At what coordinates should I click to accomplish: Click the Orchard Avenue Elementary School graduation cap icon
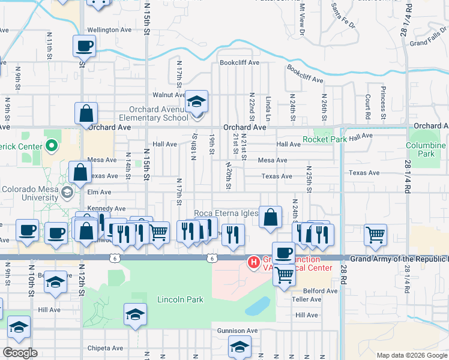pyautogui.click(x=196, y=101)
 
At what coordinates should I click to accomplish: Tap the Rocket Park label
pyautogui.click(x=325, y=139)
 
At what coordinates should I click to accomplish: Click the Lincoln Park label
pyautogui.click(x=180, y=299)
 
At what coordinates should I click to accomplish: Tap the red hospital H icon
pyautogui.click(x=254, y=262)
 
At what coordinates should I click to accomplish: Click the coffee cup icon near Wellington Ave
pyautogui.click(x=85, y=46)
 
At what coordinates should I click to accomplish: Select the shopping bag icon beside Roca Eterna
pyautogui.click(x=271, y=217)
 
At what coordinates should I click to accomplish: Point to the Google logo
pyautogui.click(x=20, y=353)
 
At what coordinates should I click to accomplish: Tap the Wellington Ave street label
pyautogui.click(x=109, y=29)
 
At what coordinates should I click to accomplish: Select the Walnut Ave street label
pyautogui.click(x=169, y=95)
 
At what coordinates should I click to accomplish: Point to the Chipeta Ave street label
pyautogui.click(x=105, y=348)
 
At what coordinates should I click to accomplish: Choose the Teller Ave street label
pyautogui.click(x=307, y=299)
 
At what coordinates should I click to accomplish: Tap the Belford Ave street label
pyautogui.click(x=320, y=291)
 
